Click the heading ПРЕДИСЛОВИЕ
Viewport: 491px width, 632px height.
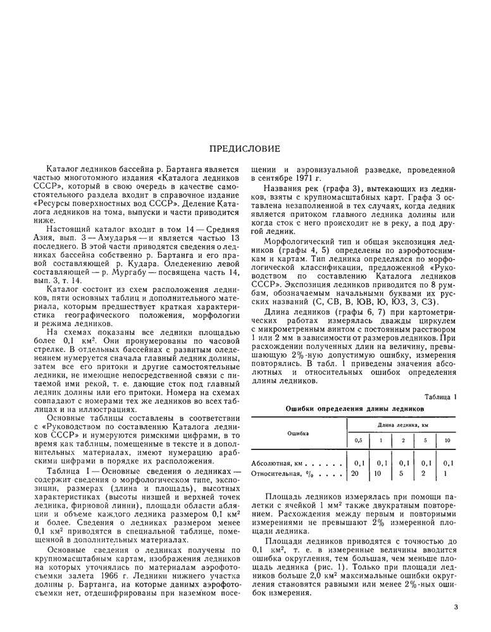[x=245, y=149]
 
